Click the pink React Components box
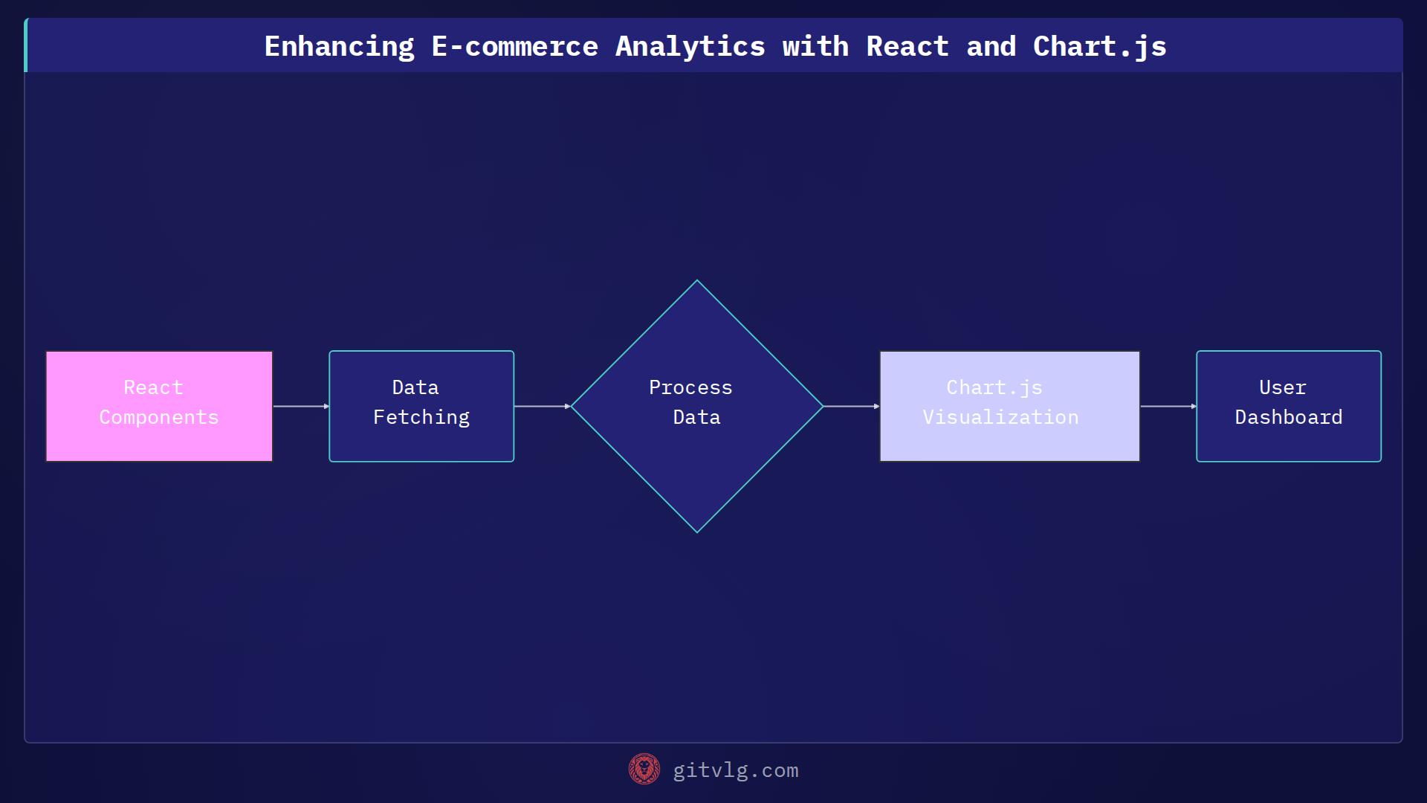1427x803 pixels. tap(159, 406)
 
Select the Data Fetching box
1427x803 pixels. tap(421, 406)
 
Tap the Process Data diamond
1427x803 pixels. tap(696, 406)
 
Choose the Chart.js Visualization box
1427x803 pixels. tap(1009, 406)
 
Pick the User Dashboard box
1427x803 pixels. tap(1288, 406)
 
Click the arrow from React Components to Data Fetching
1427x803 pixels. tap(301, 406)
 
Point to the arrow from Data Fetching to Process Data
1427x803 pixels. tap(542, 406)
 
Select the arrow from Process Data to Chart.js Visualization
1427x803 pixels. tap(851, 406)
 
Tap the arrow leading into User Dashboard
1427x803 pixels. tap(1168, 406)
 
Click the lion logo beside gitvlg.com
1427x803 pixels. tap(644, 769)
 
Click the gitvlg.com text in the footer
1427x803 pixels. tap(735, 770)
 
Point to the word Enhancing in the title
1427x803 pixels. tap(339, 47)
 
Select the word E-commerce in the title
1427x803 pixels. tap(514, 47)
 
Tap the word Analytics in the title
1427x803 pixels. tap(690, 47)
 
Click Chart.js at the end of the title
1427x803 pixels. tap(1099, 47)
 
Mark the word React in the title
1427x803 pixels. tap(907, 47)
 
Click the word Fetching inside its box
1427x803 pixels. tap(421, 418)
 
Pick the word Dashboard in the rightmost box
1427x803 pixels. tap(1288, 418)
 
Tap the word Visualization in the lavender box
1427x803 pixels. tap(1000, 418)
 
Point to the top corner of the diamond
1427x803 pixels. tap(696, 282)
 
